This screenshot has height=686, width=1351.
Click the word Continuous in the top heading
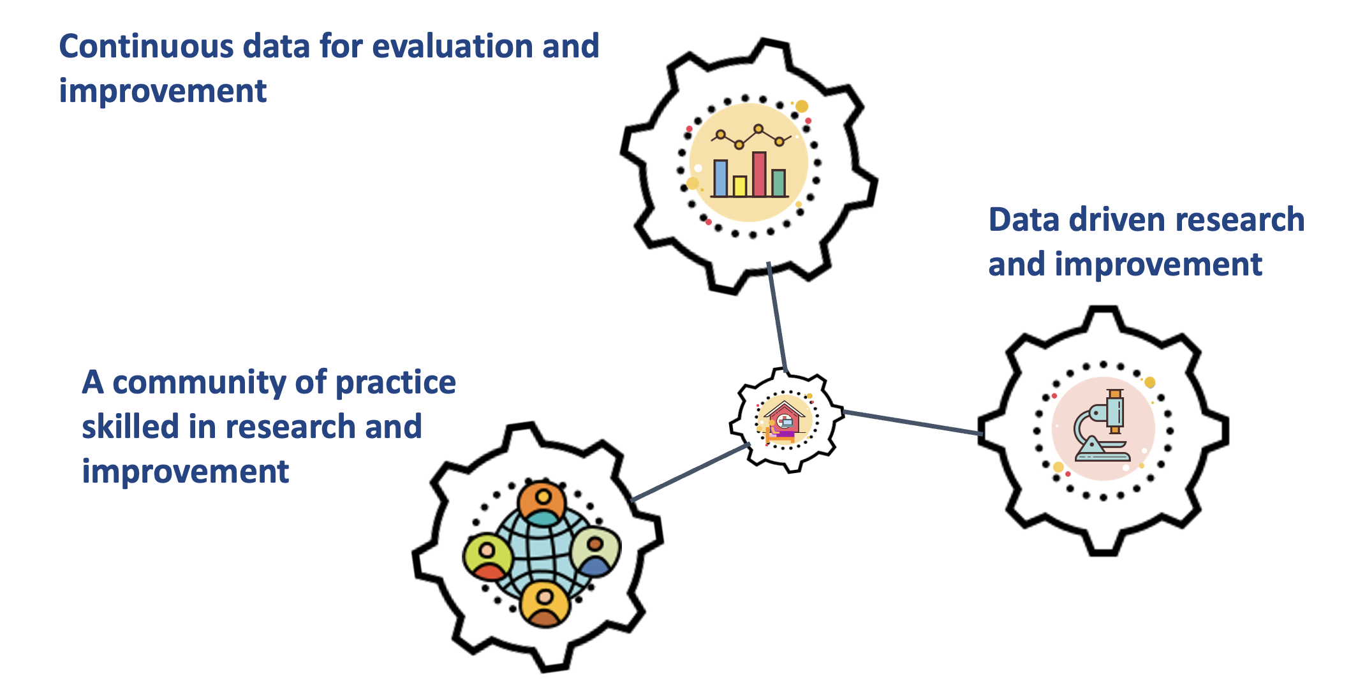tap(146, 47)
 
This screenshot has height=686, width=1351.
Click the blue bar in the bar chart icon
tap(720, 178)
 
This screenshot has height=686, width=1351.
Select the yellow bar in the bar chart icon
tap(740, 186)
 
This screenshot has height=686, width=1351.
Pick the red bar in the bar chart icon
tap(759, 174)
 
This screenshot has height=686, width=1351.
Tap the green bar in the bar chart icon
tap(779, 182)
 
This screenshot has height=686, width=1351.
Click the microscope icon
tap(1103, 425)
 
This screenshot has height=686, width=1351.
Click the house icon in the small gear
tap(783, 420)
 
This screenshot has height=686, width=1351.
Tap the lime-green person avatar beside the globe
tap(487, 557)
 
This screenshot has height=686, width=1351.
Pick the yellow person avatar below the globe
tap(545, 603)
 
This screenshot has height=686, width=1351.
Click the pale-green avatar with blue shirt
tap(596, 551)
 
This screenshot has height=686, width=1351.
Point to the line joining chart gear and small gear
tap(778, 317)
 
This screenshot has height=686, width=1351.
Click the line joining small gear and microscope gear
tap(912, 423)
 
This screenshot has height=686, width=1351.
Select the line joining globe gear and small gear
tap(690, 472)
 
